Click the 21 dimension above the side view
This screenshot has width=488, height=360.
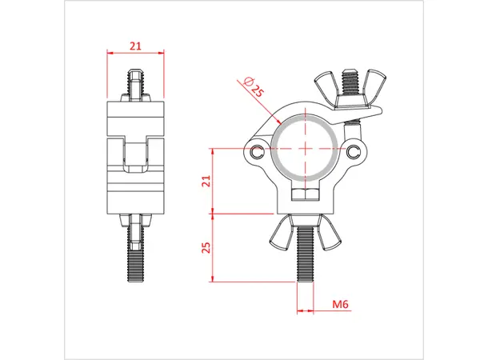tap(134, 47)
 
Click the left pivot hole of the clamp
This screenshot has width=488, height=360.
tap(256, 151)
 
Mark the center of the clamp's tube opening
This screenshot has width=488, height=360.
tap(306, 150)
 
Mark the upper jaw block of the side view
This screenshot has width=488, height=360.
tap(134, 118)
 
